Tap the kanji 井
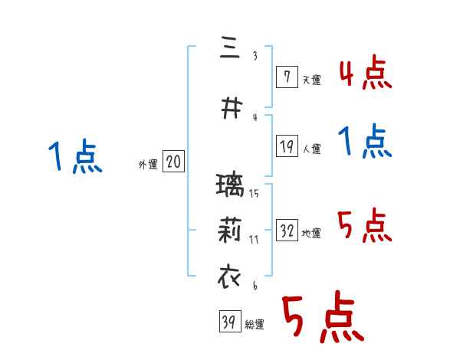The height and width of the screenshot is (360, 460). click(x=228, y=109)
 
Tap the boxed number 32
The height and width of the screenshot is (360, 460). click(x=287, y=231)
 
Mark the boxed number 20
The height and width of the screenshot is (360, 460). click(x=173, y=162)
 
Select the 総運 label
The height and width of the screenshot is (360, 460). click(x=255, y=325)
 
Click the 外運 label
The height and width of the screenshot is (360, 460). click(x=147, y=163)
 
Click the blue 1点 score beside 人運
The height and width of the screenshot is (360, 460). click(x=365, y=142)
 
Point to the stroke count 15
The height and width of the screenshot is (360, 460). click(x=254, y=193)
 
